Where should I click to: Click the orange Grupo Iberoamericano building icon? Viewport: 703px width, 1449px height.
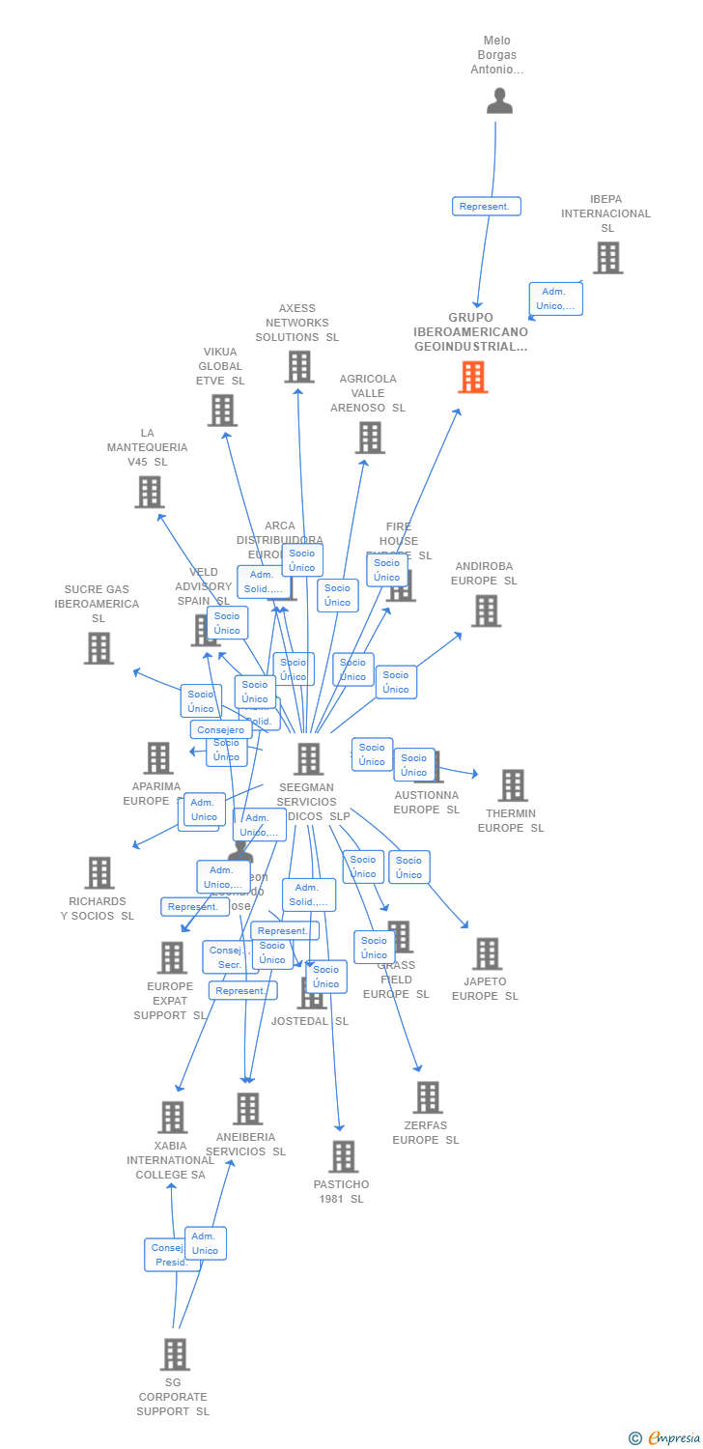(x=472, y=377)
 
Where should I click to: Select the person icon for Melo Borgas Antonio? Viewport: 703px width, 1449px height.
(x=499, y=101)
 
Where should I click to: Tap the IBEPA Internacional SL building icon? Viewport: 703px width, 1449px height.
(x=607, y=258)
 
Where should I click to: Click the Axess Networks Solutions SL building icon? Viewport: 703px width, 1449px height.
(x=299, y=367)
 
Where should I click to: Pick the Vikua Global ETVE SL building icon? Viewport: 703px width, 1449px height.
(x=222, y=411)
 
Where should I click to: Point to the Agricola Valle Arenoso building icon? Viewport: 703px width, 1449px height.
(x=370, y=438)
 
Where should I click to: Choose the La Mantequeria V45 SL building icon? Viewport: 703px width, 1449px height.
(x=149, y=492)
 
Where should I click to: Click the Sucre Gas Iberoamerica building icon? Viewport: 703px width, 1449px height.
(x=98, y=648)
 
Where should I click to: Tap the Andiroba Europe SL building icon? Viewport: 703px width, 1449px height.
(x=486, y=611)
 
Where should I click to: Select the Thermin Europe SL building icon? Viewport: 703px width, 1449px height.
(x=513, y=785)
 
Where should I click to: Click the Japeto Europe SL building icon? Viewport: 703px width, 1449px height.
(x=487, y=953)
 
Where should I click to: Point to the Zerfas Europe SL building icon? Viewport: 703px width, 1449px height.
(x=427, y=1097)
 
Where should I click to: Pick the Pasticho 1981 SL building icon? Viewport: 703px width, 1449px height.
(x=343, y=1156)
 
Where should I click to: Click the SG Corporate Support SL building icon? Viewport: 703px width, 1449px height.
(x=175, y=1354)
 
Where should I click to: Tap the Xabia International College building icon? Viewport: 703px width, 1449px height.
(x=172, y=1118)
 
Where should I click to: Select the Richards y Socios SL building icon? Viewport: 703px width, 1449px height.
(x=98, y=872)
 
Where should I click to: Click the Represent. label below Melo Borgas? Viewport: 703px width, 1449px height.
(x=487, y=207)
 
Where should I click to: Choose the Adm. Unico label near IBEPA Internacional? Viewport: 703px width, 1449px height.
(x=555, y=298)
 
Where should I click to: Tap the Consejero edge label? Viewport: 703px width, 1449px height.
(x=221, y=730)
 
